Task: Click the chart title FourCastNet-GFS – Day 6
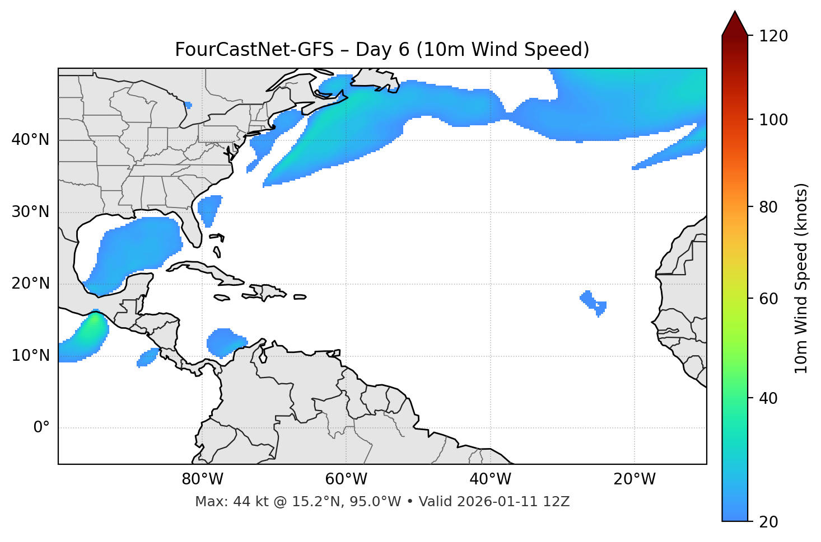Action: (382, 50)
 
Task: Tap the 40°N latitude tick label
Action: (30, 140)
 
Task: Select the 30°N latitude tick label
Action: (30, 212)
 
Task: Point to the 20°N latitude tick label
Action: (30, 284)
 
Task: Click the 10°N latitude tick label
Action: (30, 356)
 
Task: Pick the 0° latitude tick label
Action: (41, 428)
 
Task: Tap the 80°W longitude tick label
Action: (202, 479)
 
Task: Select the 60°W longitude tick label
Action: (346, 479)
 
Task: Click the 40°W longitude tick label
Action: (490, 479)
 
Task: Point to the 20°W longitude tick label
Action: (634, 479)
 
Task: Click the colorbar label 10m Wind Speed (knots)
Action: (801, 278)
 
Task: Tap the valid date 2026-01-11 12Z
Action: (513, 502)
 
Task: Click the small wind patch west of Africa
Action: (593, 302)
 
